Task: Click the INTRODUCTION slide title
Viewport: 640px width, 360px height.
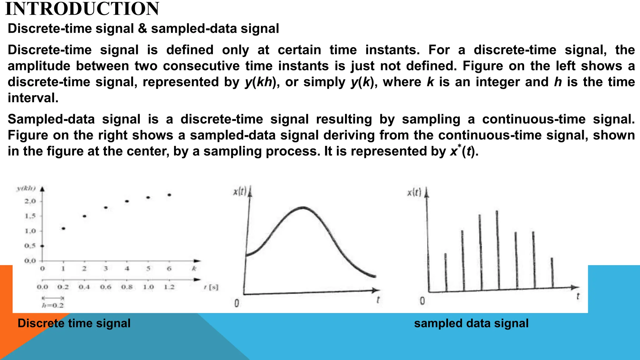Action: pyautogui.click(x=82, y=9)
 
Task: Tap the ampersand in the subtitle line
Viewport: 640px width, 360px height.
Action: pyautogui.click(x=142, y=28)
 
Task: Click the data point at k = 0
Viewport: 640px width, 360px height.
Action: pyautogui.click(x=42, y=246)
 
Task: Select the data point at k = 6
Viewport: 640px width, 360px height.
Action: pyautogui.click(x=169, y=195)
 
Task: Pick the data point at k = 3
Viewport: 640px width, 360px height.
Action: pyautogui.click(x=106, y=207)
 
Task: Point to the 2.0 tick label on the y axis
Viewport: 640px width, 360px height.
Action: pyautogui.click(x=30, y=201)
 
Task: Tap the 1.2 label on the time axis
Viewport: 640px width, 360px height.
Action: pyautogui.click(x=169, y=287)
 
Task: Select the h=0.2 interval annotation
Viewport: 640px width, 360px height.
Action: pyautogui.click(x=53, y=305)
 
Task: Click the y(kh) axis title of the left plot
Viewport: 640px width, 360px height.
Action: pyautogui.click(x=26, y=188)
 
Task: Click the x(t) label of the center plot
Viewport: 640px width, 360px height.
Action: pyautogui.click(x=240, y=191)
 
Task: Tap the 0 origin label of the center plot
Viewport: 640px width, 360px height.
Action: pyautogui.click(x=237, y=303)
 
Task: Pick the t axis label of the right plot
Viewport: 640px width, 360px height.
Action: pyautogui.click(x=578, y=296)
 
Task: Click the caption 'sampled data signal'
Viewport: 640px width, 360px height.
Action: pyautogui.click(x=471, y=323)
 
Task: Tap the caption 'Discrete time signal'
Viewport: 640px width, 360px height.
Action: pyautogui.click(x=74, y=323)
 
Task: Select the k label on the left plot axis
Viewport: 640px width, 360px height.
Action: pyautogui.click(x=194, y=268)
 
